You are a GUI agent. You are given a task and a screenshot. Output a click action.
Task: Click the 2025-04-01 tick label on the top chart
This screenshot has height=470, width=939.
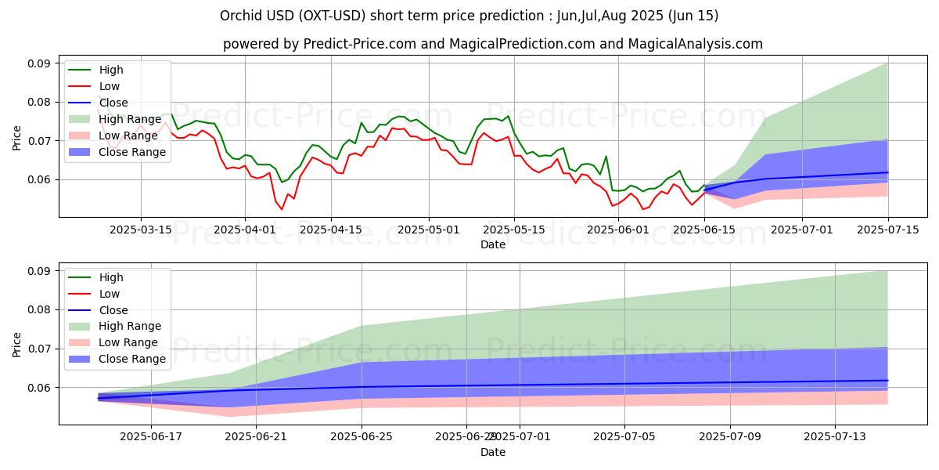tap(245, 230)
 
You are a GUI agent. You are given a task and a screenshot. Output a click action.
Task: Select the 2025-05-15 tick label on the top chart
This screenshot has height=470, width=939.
tap(514, 230)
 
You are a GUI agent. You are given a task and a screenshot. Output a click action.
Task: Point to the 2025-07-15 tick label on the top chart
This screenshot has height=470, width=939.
tap(887, 230)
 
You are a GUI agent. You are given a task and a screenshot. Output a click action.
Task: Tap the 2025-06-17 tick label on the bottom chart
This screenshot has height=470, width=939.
tap(150, 437)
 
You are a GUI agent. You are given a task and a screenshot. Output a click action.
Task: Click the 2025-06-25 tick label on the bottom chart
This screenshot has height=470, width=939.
tap(362, 437)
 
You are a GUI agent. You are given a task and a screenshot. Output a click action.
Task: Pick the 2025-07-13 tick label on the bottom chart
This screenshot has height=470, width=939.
tap(835, 437)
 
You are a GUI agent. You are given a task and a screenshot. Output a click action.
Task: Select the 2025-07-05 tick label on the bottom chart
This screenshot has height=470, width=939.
tap(624, 437)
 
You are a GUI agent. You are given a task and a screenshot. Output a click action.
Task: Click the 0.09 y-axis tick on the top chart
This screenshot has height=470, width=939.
tap(39, 63)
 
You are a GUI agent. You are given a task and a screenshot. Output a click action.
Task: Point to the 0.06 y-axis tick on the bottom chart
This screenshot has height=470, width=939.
tap(39, 388)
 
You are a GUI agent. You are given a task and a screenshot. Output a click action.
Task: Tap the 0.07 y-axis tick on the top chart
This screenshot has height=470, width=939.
tap(39, 141)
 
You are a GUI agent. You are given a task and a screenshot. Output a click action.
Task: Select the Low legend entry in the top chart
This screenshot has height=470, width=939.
tap(110, 86)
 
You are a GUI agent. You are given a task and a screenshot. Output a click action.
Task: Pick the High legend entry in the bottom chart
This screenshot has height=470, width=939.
tap(111, 277)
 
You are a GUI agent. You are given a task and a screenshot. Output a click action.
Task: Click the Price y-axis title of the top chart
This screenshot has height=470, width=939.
tap(17, 138)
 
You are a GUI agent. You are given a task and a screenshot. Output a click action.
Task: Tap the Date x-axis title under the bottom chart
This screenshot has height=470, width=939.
tap(493, 452)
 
